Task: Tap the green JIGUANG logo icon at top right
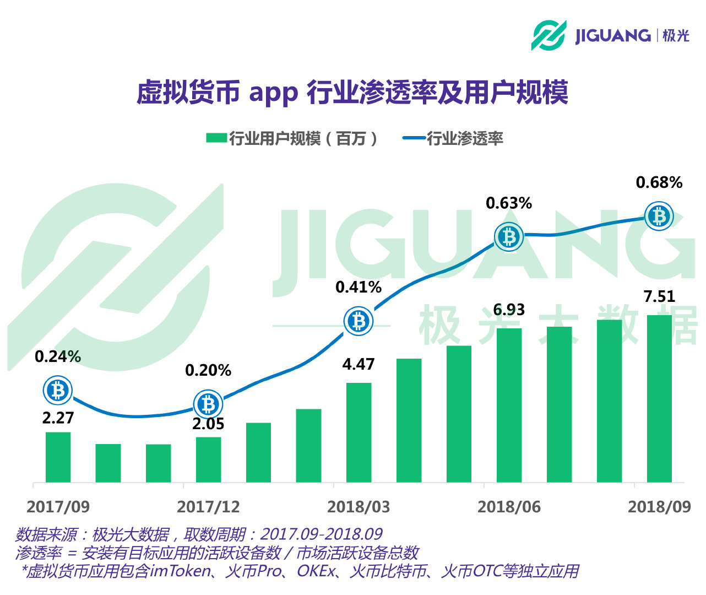coord(548,35)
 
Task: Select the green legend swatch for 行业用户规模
coord(216,138)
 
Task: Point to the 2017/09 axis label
coord(58,507)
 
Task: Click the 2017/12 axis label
coord(208,507)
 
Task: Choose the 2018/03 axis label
coord(359,507)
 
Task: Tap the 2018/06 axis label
coord(509,507)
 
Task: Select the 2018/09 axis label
coord(659,507)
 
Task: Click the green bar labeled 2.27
coord(58,457)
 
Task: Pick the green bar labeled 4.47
coord(359,432)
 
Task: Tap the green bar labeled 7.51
coord(659,399)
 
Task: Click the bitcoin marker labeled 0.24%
coord(58,391)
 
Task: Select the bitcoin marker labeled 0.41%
coord(359,321)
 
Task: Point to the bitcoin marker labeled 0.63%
coord(509,237)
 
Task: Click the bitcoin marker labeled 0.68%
coord(659,217)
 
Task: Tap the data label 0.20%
coord(208,370)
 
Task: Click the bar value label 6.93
coord(509,310)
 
